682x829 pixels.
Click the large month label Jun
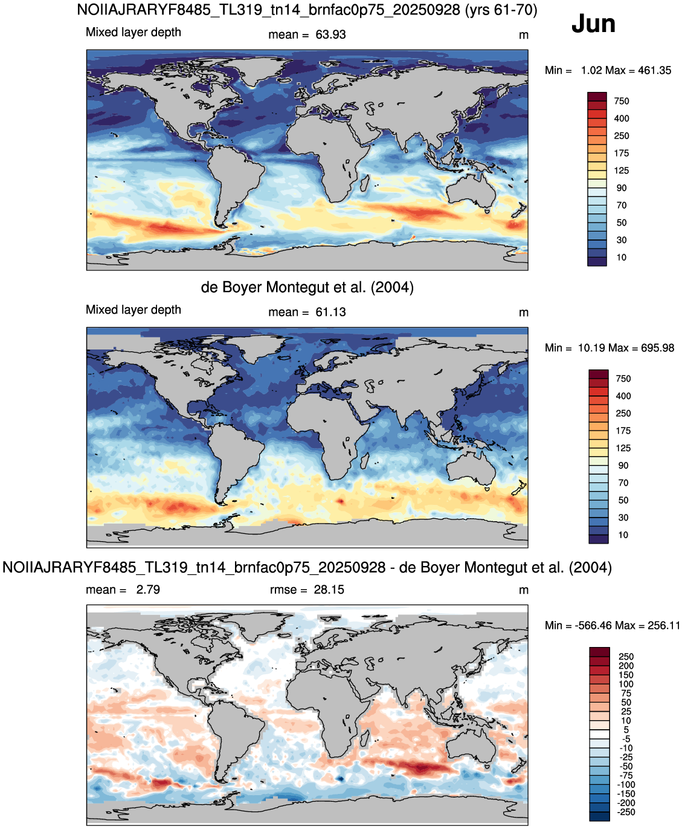[x=593, y=24]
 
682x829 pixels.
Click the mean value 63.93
[x=330, y=35]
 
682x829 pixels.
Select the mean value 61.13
[x=330, y=313]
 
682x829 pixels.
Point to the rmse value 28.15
[x=329, y=590]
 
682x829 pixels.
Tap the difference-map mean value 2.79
[x=148, y=590]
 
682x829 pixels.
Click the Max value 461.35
[x=655, y=71]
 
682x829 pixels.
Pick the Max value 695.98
[x=657, y=348]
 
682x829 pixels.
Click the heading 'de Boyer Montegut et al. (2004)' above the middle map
[x=307, y=287]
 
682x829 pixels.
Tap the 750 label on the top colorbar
[x=622, y=101]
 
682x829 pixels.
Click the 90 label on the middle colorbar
[x=623, y=466]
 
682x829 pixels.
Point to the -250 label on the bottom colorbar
[x=626, y=812]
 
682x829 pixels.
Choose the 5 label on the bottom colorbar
[x=626, y=730]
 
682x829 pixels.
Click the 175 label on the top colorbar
[x=622, y=153]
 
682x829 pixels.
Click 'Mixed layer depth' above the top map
[x=134, y=33]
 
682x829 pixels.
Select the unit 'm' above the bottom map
[x=524, y=591]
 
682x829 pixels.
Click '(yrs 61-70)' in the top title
[x=501, y=10]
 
